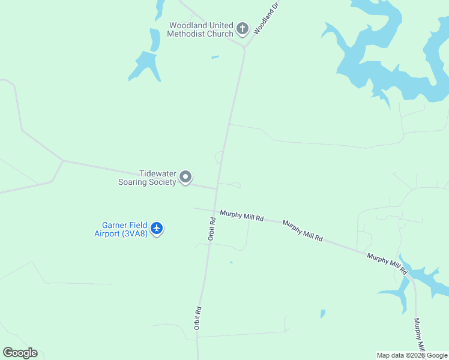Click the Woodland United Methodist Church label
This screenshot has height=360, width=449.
pos(200,29)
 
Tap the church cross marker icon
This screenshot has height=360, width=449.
pos(242,28)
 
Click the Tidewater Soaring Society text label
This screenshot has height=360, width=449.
pos(148,178)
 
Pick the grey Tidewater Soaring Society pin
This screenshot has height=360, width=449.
pos(185,177)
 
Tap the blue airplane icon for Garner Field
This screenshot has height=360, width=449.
pos(157,228)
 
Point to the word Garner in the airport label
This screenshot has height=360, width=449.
pos(106,226)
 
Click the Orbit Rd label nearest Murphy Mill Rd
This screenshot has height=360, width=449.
pos(211,229)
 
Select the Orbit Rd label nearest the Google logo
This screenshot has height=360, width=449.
pos(197,319)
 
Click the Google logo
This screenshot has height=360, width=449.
pos(20,353)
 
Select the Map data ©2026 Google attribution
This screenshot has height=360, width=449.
pos(412,355)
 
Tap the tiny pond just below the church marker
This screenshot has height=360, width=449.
pos(215,57)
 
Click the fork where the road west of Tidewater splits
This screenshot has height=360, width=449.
pos(63,161)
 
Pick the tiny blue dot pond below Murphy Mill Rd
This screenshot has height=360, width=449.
pos(231,262)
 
